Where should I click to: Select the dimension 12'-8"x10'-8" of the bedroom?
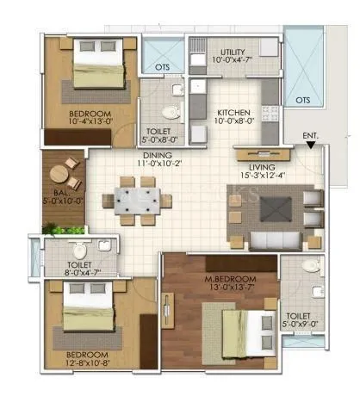(x=79, y=364)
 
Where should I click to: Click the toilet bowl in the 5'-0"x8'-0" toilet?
(x=170, y=110)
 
